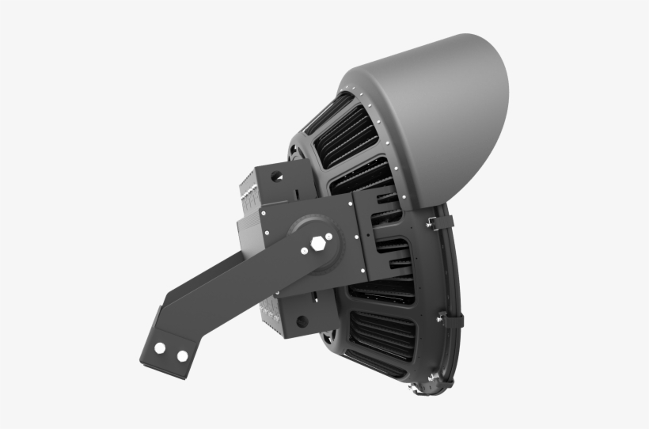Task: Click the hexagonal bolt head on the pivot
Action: click(320, 243)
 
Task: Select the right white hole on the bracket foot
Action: click(183, 355)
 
